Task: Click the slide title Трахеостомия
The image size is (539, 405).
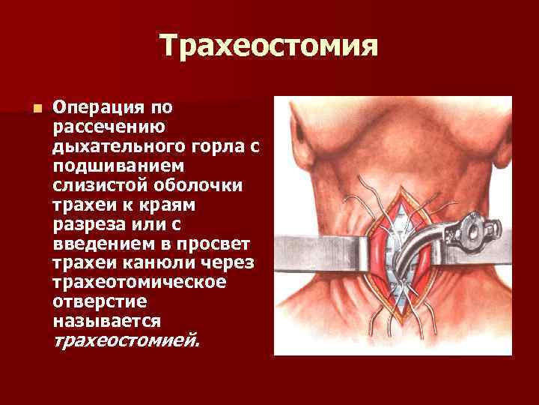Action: click(269, 46)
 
